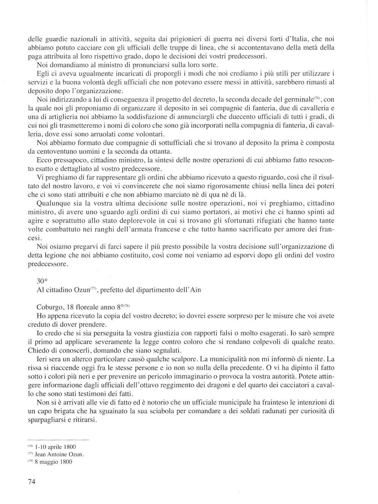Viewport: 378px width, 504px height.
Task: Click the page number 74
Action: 32,482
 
